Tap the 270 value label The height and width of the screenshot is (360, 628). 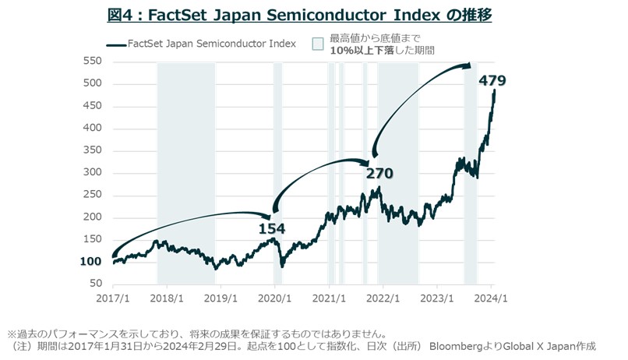click(x=380, y=173)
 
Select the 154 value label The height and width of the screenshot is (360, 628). click(x=272, y=228)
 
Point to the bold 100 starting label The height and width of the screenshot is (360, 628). click(x=91, y=262)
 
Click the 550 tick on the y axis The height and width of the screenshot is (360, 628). click(x=92, y=61)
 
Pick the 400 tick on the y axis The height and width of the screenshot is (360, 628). click(x=92, y=128)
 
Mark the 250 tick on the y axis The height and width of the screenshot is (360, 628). click(x=92, y=195)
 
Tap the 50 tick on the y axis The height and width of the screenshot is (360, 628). click(x=95, y=284)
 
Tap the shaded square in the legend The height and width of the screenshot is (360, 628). click(x=317, y=44)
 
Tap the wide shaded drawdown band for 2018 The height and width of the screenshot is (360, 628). click(x=186, y=171)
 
